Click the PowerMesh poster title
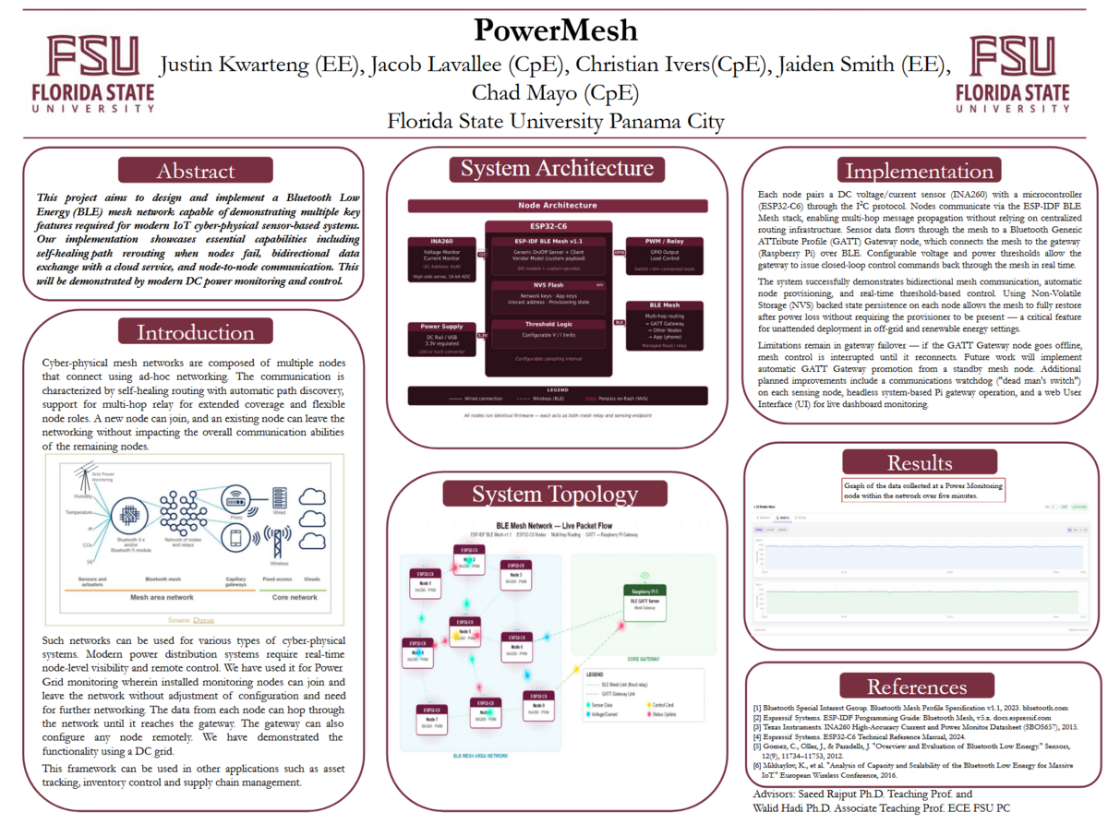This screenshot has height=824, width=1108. (555, 30)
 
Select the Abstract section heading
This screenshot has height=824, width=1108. (196, 171)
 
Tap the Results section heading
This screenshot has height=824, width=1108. (919, 463)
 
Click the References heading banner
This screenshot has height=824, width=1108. (919, 687)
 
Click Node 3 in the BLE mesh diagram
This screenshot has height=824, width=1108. (515, 575)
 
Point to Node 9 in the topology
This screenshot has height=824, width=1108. (536, 705)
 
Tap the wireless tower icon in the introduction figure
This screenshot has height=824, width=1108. (275, 542)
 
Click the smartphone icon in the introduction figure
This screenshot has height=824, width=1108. (236, 541)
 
